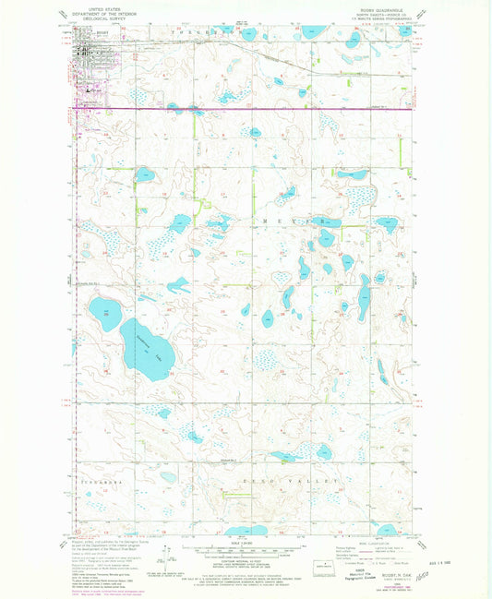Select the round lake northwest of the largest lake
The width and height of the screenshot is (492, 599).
pyautogui.click(x=106, y=310)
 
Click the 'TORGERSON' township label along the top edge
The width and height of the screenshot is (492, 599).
pyautogui.click(x=205, y=30)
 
